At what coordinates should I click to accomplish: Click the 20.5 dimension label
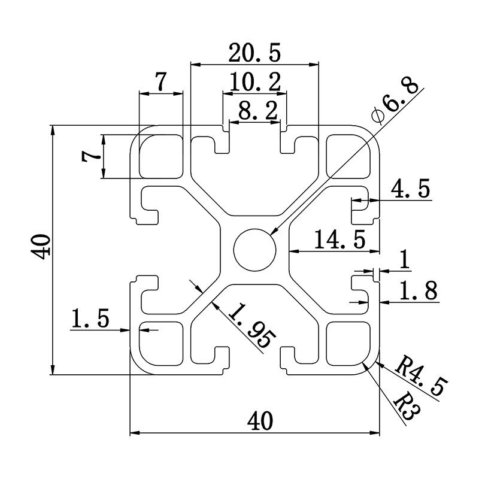click(254, 54)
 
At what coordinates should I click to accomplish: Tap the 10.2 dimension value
click(255, 83)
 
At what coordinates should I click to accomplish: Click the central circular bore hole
click(254, 248)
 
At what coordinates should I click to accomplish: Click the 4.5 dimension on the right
click(410, 190)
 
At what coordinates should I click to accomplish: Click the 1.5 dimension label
click(90, 319)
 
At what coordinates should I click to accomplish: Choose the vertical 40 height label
click(41, 246)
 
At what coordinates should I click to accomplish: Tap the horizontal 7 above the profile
click(160, 83)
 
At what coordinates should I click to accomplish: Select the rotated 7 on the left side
click(91, 156)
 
